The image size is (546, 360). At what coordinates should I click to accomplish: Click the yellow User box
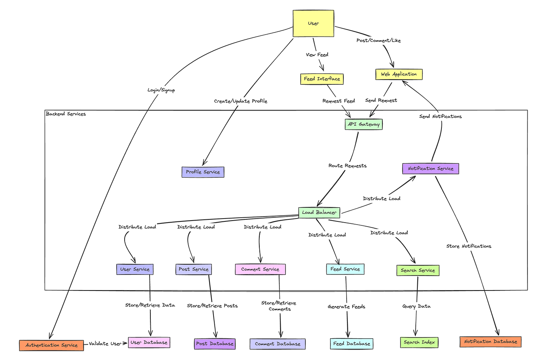(x=313, y=24)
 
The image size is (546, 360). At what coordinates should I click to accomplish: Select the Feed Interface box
(x=322, y=79)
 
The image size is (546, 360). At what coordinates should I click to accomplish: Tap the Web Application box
(x=399, y=74)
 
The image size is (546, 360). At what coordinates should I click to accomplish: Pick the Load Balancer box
(x=319, y=212)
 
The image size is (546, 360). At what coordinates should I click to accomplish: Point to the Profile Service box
(x=203, y=172)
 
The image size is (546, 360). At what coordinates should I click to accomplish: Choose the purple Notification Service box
(x=430, y=168)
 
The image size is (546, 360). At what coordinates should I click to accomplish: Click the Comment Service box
(x=260, y=269)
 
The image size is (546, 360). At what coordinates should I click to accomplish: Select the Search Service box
(x=418, y=270)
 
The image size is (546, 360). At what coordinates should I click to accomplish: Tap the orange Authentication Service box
(x=51, y=345)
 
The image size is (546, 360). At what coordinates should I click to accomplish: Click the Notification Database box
(x=490, y=342)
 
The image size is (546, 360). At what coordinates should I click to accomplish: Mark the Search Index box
(x=419, y=342)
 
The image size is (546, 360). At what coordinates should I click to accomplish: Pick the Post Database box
(x=214, y=344)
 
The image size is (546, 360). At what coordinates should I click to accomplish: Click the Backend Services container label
(x=66, y=114)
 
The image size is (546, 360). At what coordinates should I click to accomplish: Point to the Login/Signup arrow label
(x=161, y=90)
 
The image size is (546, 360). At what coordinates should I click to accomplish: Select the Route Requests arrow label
(x=347, y=166)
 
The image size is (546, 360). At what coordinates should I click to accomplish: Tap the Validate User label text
(x=105, y=344)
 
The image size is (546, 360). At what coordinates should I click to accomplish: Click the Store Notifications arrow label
(x=468, y=246)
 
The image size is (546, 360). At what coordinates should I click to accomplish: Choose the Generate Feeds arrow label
(x=346, y=307)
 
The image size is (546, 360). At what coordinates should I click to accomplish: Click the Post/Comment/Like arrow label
(x=378, y=41)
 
